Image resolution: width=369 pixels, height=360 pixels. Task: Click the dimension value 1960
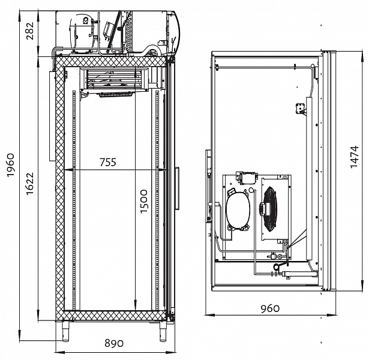point(11,165)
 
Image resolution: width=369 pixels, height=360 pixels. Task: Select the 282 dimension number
point(30,31)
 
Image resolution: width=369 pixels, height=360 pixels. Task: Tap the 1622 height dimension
point(30,184)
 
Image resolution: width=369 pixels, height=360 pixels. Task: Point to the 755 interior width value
point(108,162)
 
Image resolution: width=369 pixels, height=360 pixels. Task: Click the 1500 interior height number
point(143,202)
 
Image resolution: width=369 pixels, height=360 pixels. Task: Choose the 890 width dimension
point(114,343)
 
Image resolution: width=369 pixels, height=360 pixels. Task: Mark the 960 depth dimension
point(270,308)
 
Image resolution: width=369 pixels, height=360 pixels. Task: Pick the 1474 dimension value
point(354,157)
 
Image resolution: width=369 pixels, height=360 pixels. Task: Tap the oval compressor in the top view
point(237,209)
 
